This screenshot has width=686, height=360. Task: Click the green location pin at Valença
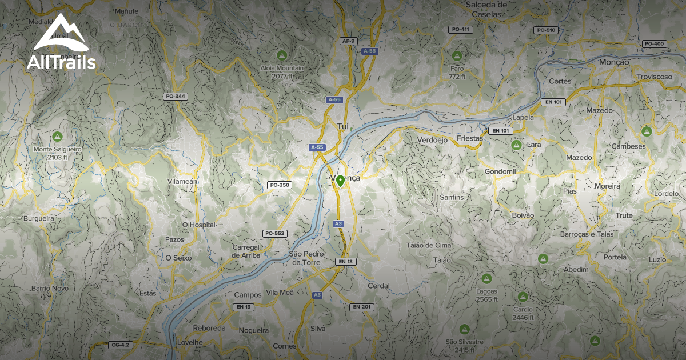[340, 181]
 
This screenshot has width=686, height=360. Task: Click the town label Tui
[343, 126]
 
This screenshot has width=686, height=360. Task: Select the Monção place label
[615, 62]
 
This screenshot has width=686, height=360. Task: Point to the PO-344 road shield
[175, 97]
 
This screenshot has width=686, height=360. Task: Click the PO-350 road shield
[280, 185]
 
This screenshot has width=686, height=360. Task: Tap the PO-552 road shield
[274, 233]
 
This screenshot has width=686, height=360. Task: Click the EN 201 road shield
[361, 307]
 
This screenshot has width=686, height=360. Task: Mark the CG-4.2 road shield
[121, 345]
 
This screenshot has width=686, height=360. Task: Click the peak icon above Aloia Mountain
[281, 55]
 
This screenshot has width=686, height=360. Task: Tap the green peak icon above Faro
[456, 55]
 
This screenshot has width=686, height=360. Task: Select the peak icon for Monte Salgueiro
[57, 137]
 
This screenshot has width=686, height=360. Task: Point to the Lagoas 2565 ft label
[486, 295]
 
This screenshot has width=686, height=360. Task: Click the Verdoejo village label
[432, 140]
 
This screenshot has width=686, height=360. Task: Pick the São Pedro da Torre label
[306, 258]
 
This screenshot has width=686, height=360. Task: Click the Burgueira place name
[39, 219]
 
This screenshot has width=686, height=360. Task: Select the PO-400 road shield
[654, 44]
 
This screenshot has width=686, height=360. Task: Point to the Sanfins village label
[452, 197]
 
